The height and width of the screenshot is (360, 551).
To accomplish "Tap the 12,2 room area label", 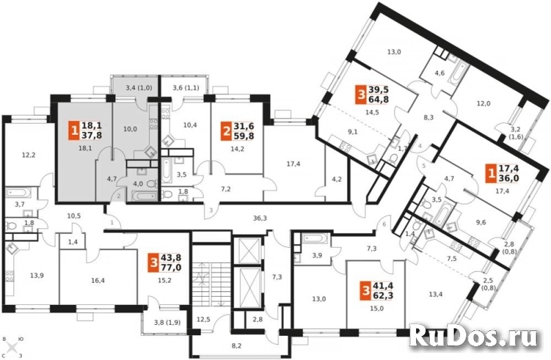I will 28,155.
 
